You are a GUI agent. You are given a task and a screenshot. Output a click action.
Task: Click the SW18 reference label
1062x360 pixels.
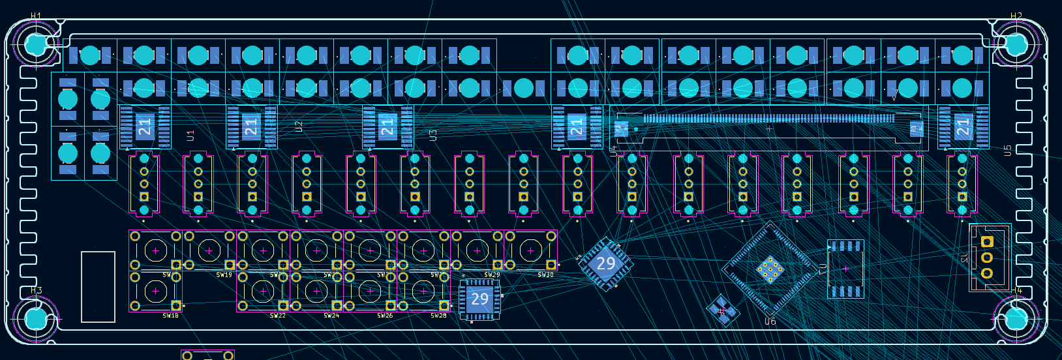(x=170, y=316)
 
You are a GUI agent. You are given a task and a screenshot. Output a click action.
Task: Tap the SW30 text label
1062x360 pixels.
(x=545, y=275)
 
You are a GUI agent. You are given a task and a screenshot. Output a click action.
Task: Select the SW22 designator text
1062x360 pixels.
(x=277, y=316)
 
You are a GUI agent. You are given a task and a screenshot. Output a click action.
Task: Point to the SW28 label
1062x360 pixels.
(x=438, y=316)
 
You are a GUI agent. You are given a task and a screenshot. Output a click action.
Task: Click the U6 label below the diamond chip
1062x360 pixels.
(x=770, y=322)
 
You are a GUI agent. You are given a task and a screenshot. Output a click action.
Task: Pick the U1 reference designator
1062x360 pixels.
(x=190, y=136)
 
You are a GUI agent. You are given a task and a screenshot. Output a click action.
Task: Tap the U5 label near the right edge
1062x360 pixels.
(x=1007, y=151)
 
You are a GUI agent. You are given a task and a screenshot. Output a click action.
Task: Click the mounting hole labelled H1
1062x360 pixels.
(x=36, y=44)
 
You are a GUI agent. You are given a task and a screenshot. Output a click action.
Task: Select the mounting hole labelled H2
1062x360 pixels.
(x=1016, y=44)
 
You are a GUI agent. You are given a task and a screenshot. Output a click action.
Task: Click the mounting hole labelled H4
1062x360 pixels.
(x=1016, y=319)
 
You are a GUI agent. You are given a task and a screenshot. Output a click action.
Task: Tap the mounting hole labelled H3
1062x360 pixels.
(x=36, y=319)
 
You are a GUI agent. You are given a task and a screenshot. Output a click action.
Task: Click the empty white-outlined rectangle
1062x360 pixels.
(x=98, y=286)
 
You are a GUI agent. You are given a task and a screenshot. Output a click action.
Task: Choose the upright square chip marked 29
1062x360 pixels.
(x=479, y=299)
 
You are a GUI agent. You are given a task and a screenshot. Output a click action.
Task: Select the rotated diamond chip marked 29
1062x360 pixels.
(x=605, y=263)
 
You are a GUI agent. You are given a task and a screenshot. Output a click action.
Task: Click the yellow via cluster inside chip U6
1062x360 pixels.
(x=770, y=269)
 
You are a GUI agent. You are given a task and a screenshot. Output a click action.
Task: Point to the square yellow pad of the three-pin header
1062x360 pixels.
(x=987, y=242)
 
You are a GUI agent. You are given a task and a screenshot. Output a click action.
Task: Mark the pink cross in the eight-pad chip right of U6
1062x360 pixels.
(x=845, y=269)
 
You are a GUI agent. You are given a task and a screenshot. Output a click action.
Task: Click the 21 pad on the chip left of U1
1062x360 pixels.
(x=144, y=126)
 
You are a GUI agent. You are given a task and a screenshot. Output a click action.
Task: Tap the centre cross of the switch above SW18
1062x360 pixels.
(x=155, y=250)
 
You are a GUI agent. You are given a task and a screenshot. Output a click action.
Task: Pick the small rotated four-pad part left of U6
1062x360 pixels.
(x=722, y=310)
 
